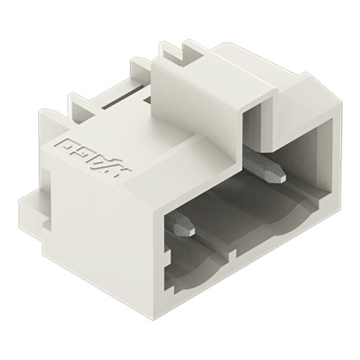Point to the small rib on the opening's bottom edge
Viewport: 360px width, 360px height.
pyautogui.click(x=229, y=255)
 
